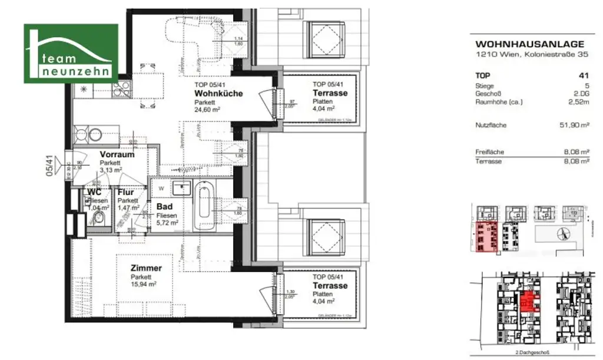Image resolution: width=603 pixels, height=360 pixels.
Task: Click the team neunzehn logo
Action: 71,54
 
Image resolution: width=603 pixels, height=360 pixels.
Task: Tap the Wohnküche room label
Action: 218,94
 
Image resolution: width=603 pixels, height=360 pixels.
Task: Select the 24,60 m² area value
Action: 208,110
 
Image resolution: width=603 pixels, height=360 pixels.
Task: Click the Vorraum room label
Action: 117,154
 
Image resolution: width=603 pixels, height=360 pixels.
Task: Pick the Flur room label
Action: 125,192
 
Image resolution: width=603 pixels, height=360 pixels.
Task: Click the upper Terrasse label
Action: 330,93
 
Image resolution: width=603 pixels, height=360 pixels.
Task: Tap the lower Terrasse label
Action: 330,285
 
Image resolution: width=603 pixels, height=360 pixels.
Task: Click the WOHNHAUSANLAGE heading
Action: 529,44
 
